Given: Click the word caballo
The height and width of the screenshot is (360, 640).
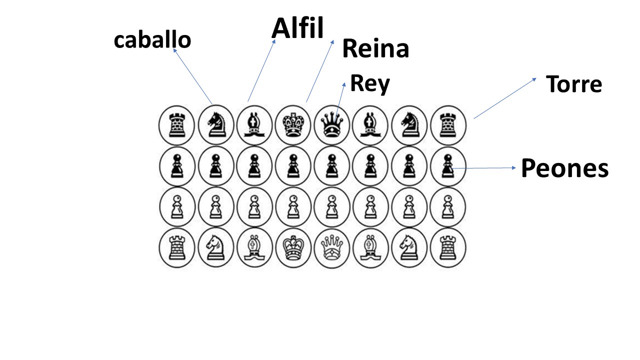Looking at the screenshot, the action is point(152,40).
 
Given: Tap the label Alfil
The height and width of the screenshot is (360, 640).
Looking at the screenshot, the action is point(297,28).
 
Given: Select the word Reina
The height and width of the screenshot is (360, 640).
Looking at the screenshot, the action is point(375,49).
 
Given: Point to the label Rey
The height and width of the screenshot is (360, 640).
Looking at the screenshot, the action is point(369,83).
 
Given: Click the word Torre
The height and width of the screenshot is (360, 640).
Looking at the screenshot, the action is point(573,84).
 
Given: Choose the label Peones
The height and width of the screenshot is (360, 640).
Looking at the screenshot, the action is point(564,168).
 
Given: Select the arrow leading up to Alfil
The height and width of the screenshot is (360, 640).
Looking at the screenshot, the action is point(261,70).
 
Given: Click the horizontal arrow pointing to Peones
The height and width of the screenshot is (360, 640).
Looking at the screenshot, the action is point(485,168).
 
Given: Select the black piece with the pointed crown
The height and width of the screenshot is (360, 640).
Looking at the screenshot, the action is point(331,123).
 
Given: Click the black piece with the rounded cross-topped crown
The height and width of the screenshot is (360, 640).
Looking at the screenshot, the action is point(292,123).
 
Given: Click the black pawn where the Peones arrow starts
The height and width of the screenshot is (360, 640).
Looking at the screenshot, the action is point(447,165).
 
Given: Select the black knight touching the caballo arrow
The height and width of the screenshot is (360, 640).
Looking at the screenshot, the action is point(215,123).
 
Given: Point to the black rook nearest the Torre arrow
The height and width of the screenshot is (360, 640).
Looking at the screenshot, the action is point(447,123).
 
